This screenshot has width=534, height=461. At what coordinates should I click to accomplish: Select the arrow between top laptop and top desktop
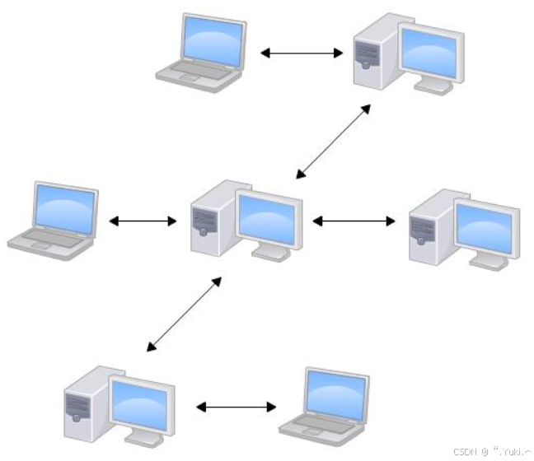point(302,54)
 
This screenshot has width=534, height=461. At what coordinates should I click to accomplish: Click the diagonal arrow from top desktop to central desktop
point(333,141)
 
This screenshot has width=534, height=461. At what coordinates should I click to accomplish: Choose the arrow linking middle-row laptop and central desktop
point(143,221)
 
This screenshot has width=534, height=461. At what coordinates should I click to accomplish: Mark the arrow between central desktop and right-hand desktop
point(354,221)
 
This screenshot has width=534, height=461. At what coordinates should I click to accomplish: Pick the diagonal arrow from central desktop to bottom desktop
point(184,314)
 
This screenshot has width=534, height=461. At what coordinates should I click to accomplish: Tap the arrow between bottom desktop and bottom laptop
point(237,407)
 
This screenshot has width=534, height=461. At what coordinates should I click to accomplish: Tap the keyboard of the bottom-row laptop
point(317,422)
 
